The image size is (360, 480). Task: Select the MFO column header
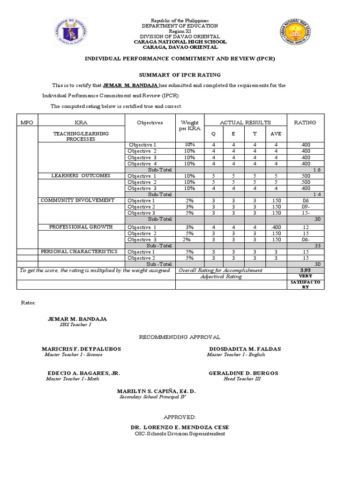coord(27,122)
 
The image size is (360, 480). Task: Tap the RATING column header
coord(305,122)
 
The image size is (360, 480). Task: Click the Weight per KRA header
coord(190,125)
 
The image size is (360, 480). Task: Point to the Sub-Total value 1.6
coord(316,170)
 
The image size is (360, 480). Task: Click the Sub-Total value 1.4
coord(316,194)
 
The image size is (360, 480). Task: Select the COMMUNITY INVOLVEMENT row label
coord(78,200)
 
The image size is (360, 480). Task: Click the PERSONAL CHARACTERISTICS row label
coord(79,252)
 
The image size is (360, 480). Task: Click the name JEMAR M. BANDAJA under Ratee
coord(77,319)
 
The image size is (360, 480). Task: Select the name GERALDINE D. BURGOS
coord(243,373)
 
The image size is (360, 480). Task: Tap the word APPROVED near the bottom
coord(180,417)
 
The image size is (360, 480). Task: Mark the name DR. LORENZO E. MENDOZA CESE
coord(180,427)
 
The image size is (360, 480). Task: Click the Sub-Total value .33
coord(317,245)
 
